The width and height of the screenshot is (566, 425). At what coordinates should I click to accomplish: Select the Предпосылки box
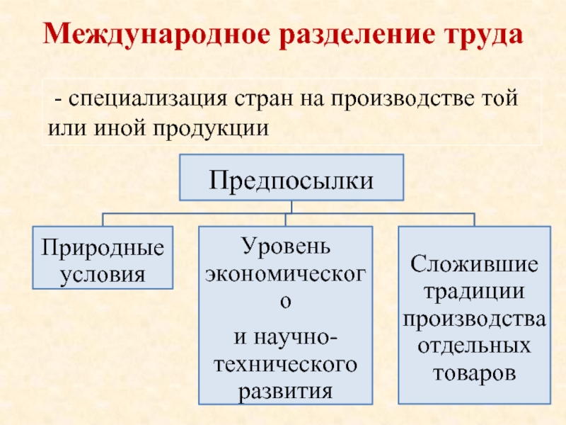pos(291,177)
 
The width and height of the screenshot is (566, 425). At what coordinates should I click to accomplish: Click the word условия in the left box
pos(103,273)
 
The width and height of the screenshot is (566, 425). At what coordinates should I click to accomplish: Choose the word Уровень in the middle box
pos(285,247)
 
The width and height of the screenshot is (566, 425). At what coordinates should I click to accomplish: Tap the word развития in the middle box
pos(285,390)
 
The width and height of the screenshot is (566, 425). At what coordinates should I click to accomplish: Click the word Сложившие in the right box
pos(474,266)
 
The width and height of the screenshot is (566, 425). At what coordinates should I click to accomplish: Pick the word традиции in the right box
pos(474,292)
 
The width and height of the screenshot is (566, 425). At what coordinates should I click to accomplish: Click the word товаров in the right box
pos(474,373)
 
